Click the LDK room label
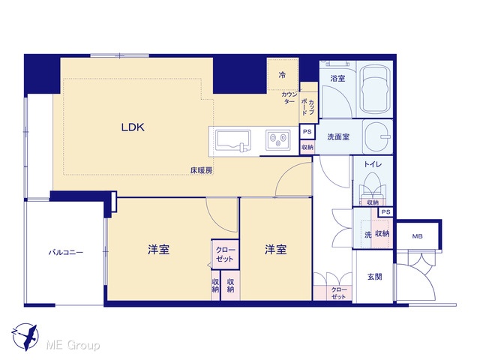pyautogui.click(x=133, y=127)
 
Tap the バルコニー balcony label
pyautogui.click(x=66, y=253)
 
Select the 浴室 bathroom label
pyautogui.click(x=337, y=78)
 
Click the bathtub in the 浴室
pyautogui.click(x=375, y=89)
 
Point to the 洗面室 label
pyautogui.click(x=338, y=136)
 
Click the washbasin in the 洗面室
pyautogui.click(x=378, y=136)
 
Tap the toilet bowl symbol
pyautogui.click(x=373, y=184)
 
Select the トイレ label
pyautogui.click(x=373, y=164)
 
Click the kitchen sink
pyautogui.click(x=233, y=141)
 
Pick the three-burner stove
pyautogui.click(x=277, y=140)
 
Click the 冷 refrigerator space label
pyautogui.click(x=282, y=75)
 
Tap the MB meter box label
pyautogui.click(x=417, y=236)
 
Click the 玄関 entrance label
pyautogui.click(x=375, y=277)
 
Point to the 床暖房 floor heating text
pyautogui.click(x=202, y=170)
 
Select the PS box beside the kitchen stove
pyautogui.click(x=307, y=132)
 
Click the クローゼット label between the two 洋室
pyautogui.click(x=225, y=254)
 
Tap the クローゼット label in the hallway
pyautogui.click(x=338, y=293)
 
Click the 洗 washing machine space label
pyautogui.click(x=368, y=235)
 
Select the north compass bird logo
pyautogui.click(x=25, y=337)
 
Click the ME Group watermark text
pyautogui.click(x=73, y=345)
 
